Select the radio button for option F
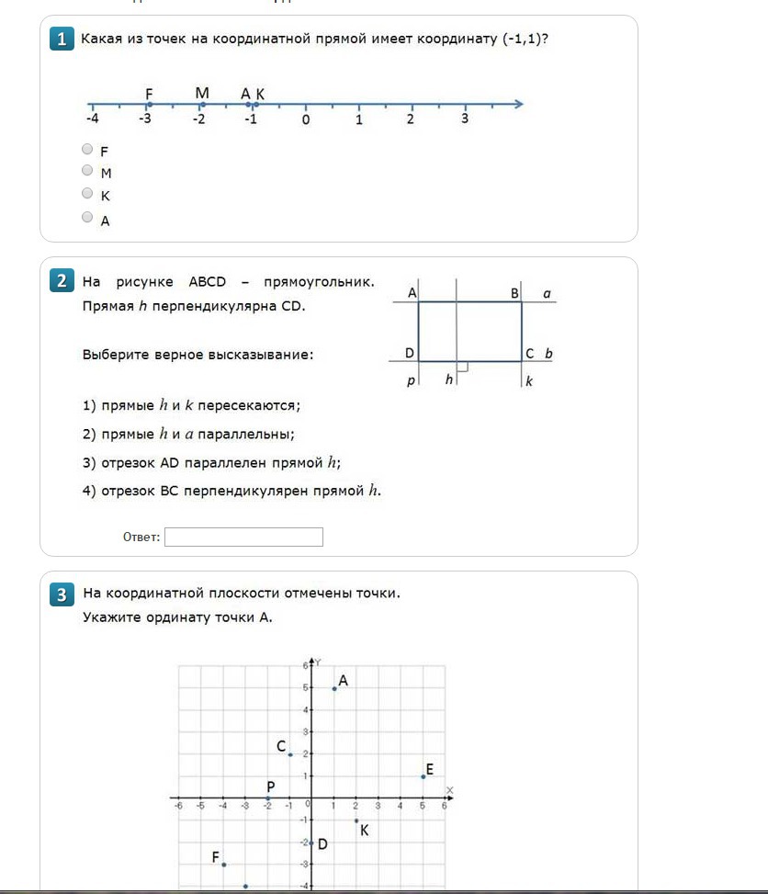pyautogui.click(x=87, y=149)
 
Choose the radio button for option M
pyautogui.click(x=87, y=170)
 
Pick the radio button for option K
pyautogui.click(x=87, y=193)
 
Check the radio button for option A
pyautogui.click(x=87, y=217)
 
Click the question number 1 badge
pyautogui.click(x=62, y=40)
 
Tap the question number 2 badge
pyautogui.click(x=62, y=281)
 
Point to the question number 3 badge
pyautogui.click(x=62, y=594)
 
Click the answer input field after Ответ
pyautogui.click(x=243, y=537)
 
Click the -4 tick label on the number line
pyautogui.click(x=92, y=119)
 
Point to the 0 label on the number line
pyautogui.click(x=306, y=119)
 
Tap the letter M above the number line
pyautogui.click(x=202, y=93)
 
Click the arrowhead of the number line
pyautogui.click(x=519, y=104)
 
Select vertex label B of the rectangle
pyautogui.click(x=515, y=293)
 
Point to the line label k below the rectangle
pyautogui.click(x=529, y=380)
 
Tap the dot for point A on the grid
pyautogui.click(x=334, y=688)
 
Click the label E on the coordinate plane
pyautogui.click(x=429, y=770)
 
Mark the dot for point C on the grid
pyautogui.click(x=290, y=754)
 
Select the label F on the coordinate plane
pyautogui.click(x=216, y=857)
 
